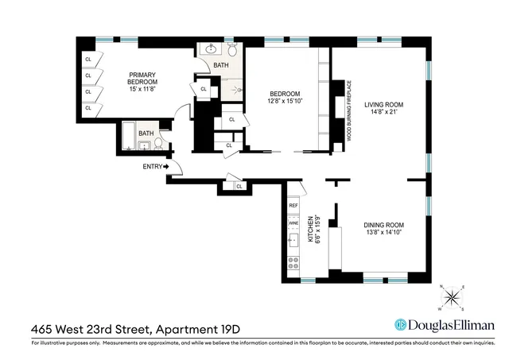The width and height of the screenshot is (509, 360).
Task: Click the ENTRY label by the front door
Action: point(153,166)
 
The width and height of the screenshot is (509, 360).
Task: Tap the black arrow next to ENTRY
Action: point(167,166)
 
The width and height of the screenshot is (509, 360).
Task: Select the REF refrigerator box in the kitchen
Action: point(293,206)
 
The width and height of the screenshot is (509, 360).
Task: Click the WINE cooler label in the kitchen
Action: point(293,223)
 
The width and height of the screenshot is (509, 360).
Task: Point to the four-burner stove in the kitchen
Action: point(293,263)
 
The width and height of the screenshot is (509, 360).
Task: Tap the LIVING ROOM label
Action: point(385,104)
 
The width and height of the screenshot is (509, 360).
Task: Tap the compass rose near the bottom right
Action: point(453,297)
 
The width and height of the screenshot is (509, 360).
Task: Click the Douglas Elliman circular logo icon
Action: point(402,325)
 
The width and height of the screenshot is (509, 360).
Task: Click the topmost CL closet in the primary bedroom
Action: point(89,59)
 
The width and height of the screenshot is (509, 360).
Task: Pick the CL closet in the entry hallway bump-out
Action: point(239,186)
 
